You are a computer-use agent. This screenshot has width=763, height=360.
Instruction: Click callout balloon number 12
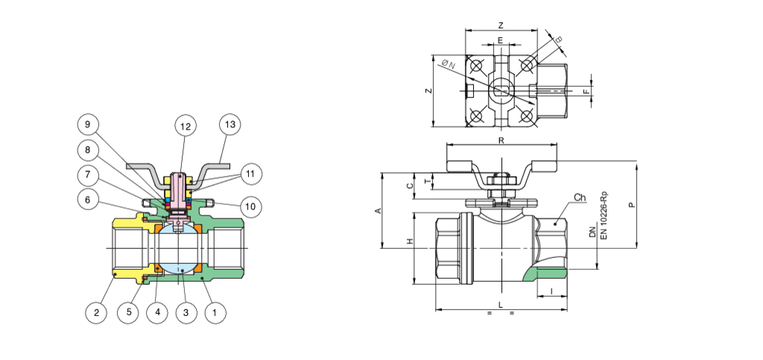click(x=186, y=127)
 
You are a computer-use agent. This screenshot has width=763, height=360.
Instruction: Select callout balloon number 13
click(x=230, y=124)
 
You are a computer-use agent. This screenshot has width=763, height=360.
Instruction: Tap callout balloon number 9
click(x=87, y=124)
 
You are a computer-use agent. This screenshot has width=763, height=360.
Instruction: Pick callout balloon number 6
click(x=87, y=200)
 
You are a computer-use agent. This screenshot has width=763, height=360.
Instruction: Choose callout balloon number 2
click(x=95, y=313)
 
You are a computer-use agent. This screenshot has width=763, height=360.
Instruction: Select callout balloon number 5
click(x=129, y=313)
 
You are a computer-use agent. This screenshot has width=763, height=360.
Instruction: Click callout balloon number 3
click(x=186, y=313)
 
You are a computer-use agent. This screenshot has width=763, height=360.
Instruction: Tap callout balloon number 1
click(x=215, y=313)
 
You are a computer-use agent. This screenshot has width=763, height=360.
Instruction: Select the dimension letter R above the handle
click(x=501, y=139)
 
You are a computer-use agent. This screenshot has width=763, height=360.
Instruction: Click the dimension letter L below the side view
click(x=501, y=306)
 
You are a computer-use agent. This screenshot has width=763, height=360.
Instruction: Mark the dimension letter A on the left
click(x=377, y=212)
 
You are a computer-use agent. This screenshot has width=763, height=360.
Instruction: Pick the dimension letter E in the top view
click(x=500, y=40)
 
